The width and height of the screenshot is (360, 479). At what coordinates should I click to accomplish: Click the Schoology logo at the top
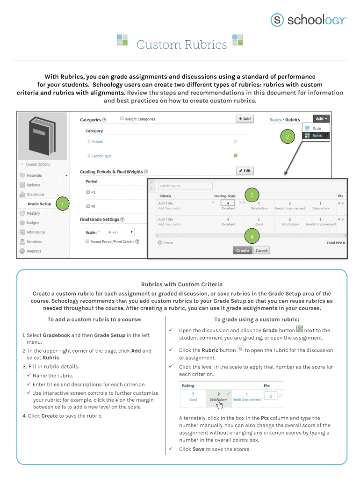(x=309, y=20)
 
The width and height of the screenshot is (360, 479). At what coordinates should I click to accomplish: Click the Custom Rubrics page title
(x=181, y=45)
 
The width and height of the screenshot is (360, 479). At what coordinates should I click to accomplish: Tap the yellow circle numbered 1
(x=62, y=204)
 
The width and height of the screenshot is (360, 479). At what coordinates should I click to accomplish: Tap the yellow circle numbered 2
(x=288, y=137)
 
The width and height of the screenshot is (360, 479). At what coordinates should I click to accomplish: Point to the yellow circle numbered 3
(x=252, y=195)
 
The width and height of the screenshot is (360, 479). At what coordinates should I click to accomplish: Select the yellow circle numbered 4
(x=252, y=237)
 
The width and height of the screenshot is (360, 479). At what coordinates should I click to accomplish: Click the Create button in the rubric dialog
(x=242, y=250)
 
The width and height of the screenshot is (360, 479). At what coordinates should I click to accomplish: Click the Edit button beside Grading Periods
(x=245, y=171)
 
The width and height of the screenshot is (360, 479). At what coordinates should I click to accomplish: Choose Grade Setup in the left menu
(x=39, y=204)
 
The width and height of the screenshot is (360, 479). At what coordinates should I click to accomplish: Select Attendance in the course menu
(x=36, y=232)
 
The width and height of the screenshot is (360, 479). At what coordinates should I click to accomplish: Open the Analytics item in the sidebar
(x=34, y=251)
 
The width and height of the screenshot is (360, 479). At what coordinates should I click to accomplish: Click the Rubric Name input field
(x=185, y=186)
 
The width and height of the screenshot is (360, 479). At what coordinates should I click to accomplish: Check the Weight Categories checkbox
(x=122, y=119)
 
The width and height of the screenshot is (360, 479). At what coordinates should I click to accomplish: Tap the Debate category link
(x=97, y=142)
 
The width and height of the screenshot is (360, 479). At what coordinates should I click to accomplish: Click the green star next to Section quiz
(x=236, y=155)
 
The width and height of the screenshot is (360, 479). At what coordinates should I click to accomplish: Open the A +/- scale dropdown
(x=120, y=232)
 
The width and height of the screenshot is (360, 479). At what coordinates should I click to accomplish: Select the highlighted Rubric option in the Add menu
(x=317, y=136)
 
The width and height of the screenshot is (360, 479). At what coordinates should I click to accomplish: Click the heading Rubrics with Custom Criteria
(x=181, y=284)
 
